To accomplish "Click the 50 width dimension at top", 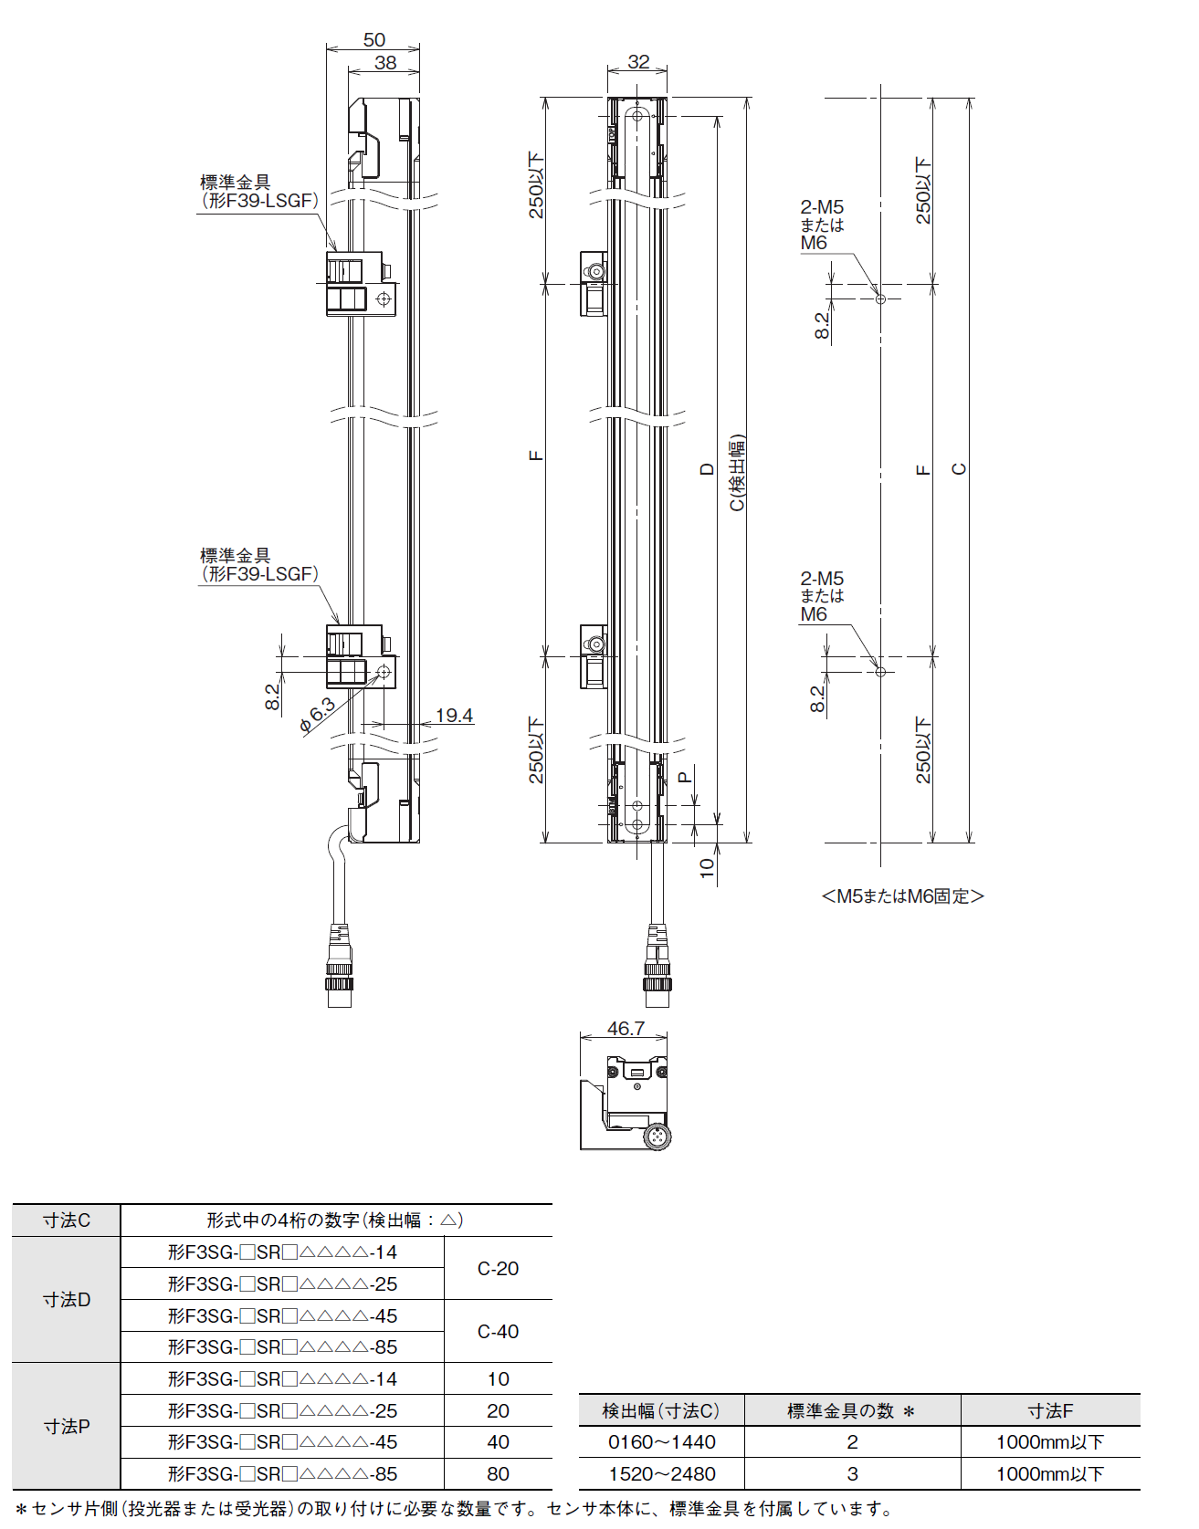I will coord(374,40).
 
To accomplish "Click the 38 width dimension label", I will coord(385,62).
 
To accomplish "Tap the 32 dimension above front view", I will coord(638,61).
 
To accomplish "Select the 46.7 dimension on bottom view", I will coord(626,1028).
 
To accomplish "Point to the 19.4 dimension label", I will coord(454,715).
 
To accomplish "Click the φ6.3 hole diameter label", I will coord(317,716).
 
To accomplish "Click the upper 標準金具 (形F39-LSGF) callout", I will coord(258,192).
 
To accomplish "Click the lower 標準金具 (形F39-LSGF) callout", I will coord(258,565).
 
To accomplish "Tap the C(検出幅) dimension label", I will coord(737,472).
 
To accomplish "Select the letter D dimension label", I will coord(707,469).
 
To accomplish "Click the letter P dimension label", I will coord(685,778).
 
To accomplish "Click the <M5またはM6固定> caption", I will coord(902,896).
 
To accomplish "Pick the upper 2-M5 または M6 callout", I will coord(821,225).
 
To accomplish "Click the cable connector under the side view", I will coord(340,968).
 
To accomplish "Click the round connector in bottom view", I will coord(657,1136).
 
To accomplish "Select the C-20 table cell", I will coord(498,1268).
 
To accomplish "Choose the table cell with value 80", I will coord(498,1473).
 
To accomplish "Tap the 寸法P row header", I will coord(67,1426).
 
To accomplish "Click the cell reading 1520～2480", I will coord(661,1473).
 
